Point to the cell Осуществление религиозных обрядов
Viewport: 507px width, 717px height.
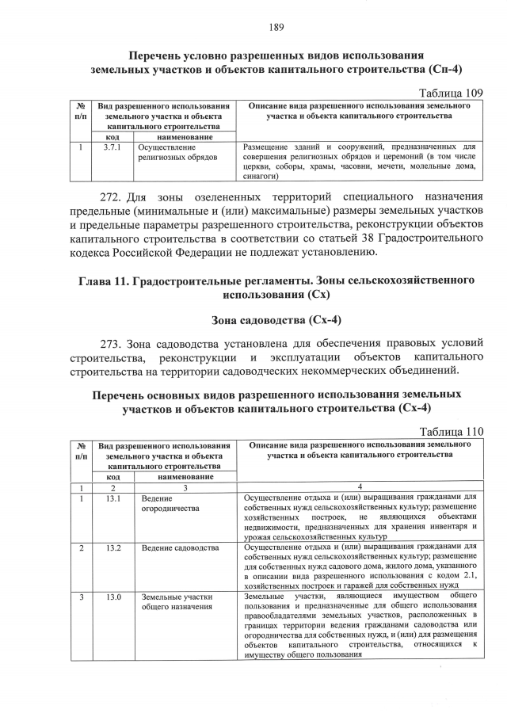click(x=166, y=152)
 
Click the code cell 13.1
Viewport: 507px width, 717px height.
click(x=113, y=498)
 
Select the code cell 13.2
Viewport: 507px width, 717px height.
click(x=113, y=548)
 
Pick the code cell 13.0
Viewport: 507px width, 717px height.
click(x=113, y=597)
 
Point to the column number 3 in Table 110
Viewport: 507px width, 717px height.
click(x=185, y=486)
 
